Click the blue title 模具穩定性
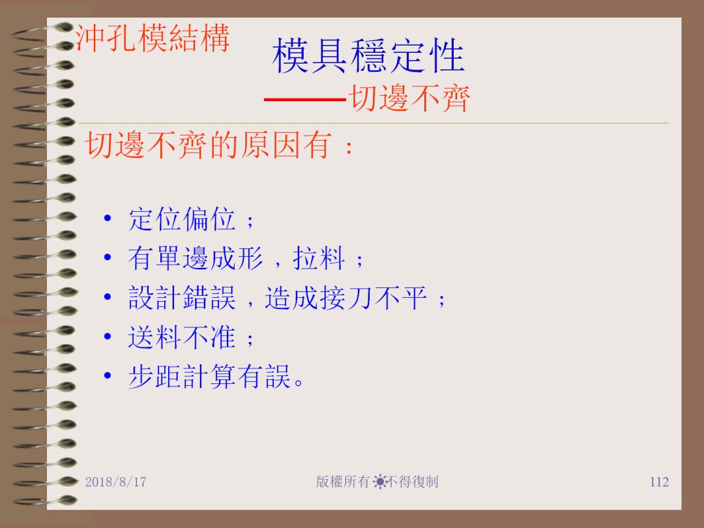click(368, 55)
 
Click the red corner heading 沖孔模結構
click(152, 38)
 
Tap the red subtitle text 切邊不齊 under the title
click(410, 98)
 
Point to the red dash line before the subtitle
click(305, 99)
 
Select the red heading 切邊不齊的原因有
click(209, 145)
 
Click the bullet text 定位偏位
click(183, 220)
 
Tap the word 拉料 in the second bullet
click(319, 258)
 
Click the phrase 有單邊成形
click(196, 258)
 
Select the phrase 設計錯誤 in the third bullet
click(183, 297)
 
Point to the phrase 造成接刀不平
click(345, 297)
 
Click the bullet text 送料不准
click(182, 337)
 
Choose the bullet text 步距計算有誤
click(210, 376)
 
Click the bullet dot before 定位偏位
click(108, 218)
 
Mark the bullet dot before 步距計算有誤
click(108, 375)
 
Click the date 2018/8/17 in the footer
click(116, 482)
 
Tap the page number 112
click(659, 482)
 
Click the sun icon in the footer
click(380, 482)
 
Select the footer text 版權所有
click(343, 482)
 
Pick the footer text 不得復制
click(412, 482)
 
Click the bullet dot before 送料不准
click(108, 336)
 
